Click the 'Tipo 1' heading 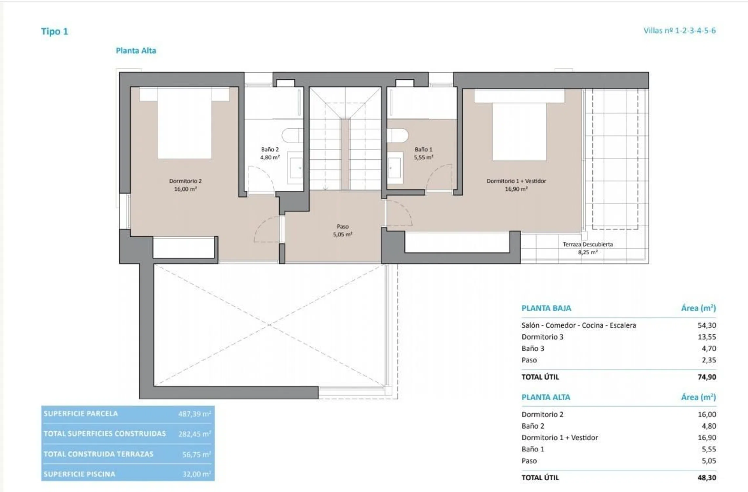54,31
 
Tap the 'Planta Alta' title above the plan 136,51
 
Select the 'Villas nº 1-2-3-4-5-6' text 679,31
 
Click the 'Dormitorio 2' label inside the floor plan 185,181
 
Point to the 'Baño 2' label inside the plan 270,149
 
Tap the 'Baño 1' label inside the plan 423,149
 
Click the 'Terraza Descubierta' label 588,244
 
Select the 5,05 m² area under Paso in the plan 343,234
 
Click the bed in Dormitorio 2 184,123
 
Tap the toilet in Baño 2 292,135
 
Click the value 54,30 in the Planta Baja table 707,325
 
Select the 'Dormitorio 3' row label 542,337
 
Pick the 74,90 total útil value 707,377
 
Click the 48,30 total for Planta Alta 707,478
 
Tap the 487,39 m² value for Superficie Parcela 195,414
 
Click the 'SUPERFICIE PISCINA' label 79,474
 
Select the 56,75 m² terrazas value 197,454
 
